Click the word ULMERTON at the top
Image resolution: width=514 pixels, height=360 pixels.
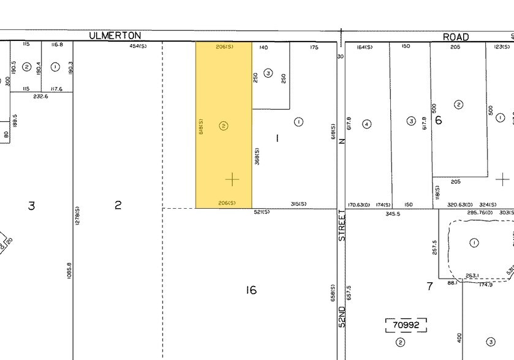[115, 36]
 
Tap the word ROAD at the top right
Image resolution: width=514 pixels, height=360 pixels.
[456, 37]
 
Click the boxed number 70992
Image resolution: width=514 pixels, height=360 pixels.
[406, 325]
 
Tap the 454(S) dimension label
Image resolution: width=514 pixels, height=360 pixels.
[138, 47]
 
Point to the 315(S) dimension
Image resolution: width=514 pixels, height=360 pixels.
[298, 204]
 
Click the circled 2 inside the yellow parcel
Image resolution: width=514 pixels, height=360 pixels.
[224, 126]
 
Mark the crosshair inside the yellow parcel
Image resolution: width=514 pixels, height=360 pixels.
[232, 179]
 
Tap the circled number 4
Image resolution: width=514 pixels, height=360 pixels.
[367, 124]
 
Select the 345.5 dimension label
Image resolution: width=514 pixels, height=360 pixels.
[393, 214]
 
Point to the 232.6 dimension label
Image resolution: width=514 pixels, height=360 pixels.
[41, 96]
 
